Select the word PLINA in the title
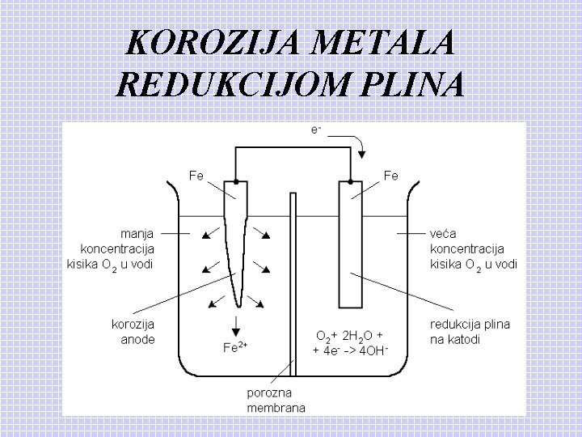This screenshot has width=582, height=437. [408, 83]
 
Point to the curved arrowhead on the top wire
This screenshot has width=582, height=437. [363, 154]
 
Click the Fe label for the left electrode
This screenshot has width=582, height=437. [196, 175]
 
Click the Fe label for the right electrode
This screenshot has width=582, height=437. [390, 175]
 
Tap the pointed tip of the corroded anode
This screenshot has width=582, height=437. [237, 305]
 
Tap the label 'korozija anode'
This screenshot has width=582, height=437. [133, 332]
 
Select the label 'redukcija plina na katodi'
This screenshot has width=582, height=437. [470, 332]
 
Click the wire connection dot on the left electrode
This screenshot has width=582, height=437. [235, 181]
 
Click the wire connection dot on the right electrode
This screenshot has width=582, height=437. [351, 181]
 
